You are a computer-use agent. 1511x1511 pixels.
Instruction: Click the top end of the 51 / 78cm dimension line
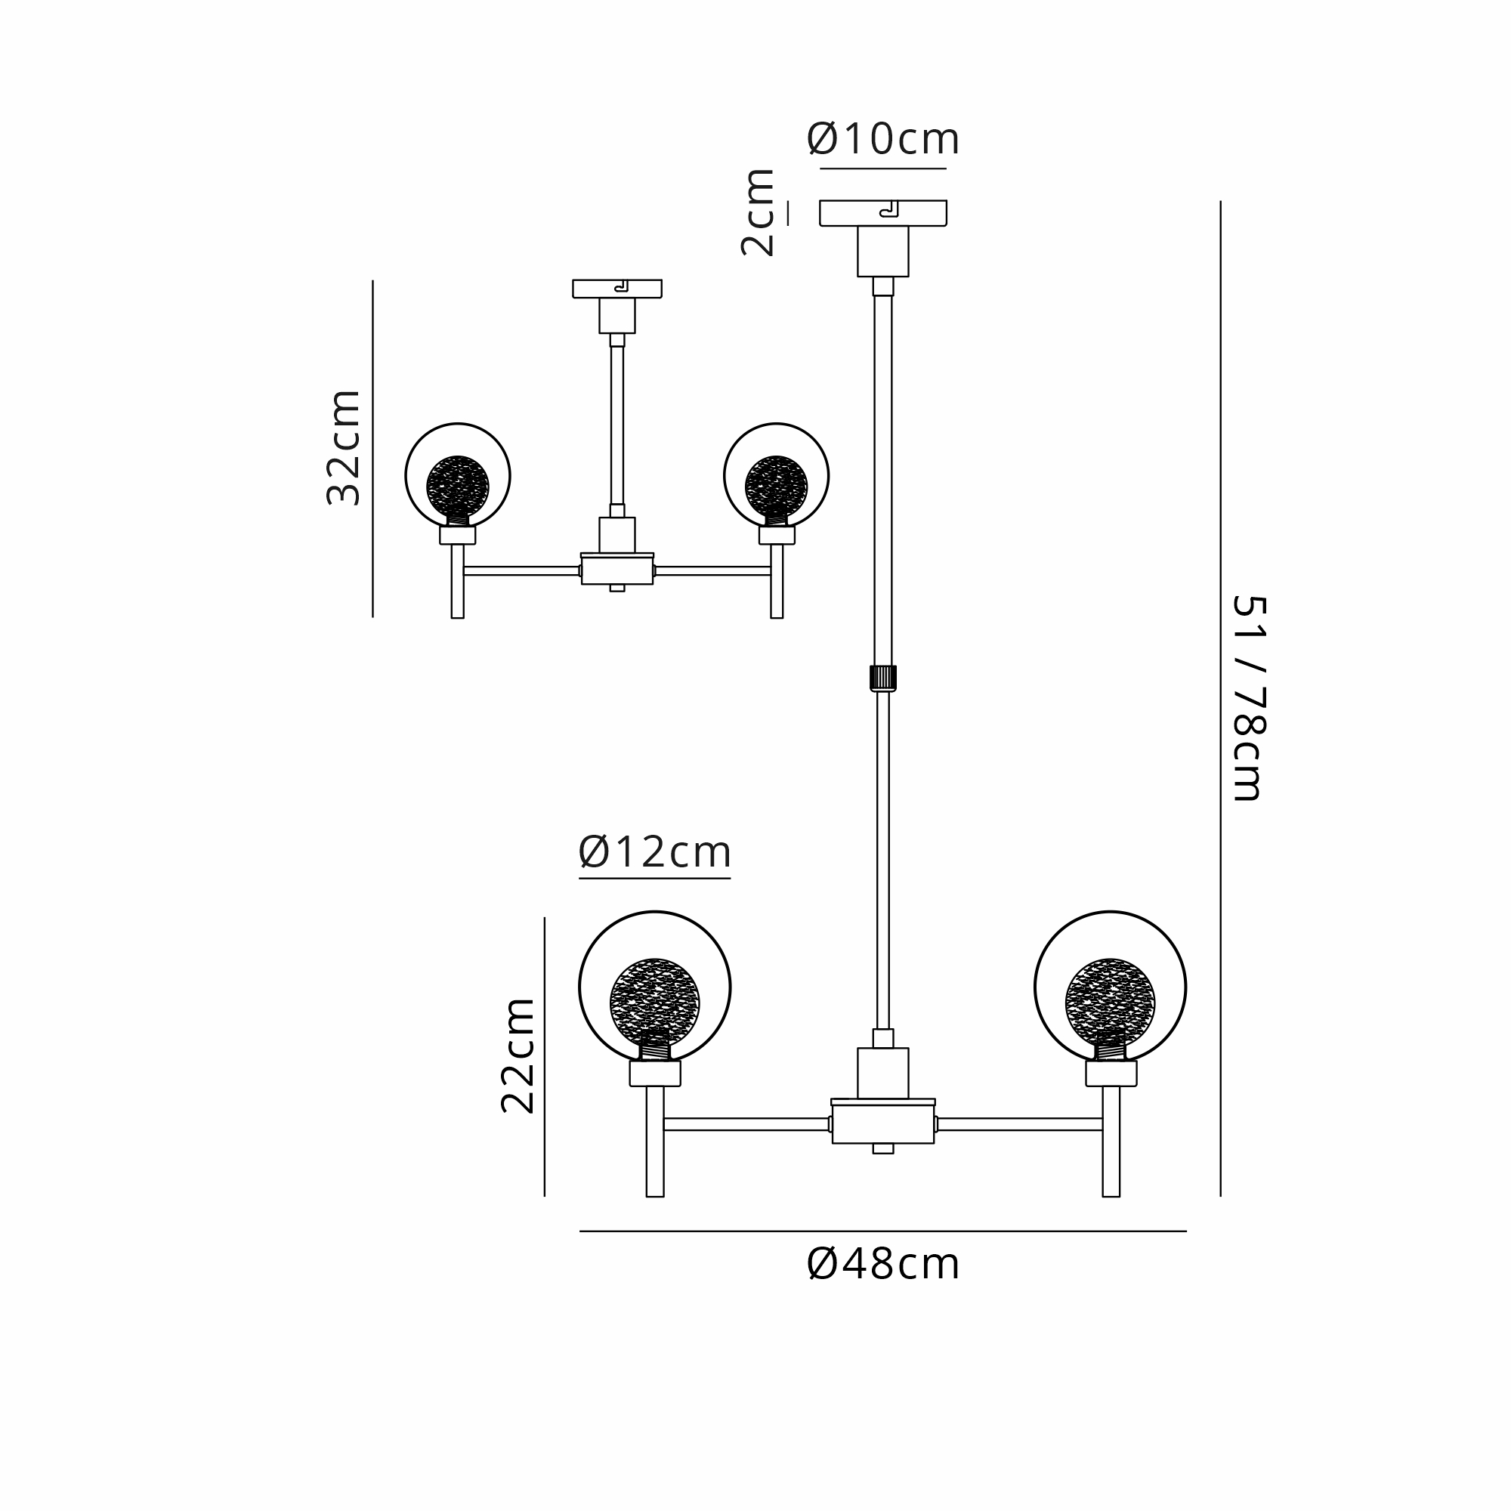pos(1220,202)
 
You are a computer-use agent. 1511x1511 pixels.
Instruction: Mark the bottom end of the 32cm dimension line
pos(372,617)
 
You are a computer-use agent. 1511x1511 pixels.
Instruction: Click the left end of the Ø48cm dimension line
pos(579,1231)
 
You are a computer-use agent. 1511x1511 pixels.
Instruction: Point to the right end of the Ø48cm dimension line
pos(1186,1231)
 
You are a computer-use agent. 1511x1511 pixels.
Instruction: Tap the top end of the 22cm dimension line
pos(544,917)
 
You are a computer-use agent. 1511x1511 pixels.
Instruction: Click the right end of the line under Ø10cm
pos(947,168)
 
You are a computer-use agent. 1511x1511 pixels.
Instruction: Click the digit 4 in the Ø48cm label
pos(856,1265)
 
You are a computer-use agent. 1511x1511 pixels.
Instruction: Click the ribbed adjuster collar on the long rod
pos(883,678)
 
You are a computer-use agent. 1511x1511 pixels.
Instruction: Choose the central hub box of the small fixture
pos(617,569)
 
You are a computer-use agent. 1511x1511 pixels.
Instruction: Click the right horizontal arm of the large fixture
pos(1020,1125)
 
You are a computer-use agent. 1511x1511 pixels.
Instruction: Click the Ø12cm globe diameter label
pos(654,852)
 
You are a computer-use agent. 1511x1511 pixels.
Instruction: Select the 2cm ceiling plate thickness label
pos(758,213)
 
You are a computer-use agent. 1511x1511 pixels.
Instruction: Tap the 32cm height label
pos(343,448)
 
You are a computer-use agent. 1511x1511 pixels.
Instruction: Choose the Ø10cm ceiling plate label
pos(883,139)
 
